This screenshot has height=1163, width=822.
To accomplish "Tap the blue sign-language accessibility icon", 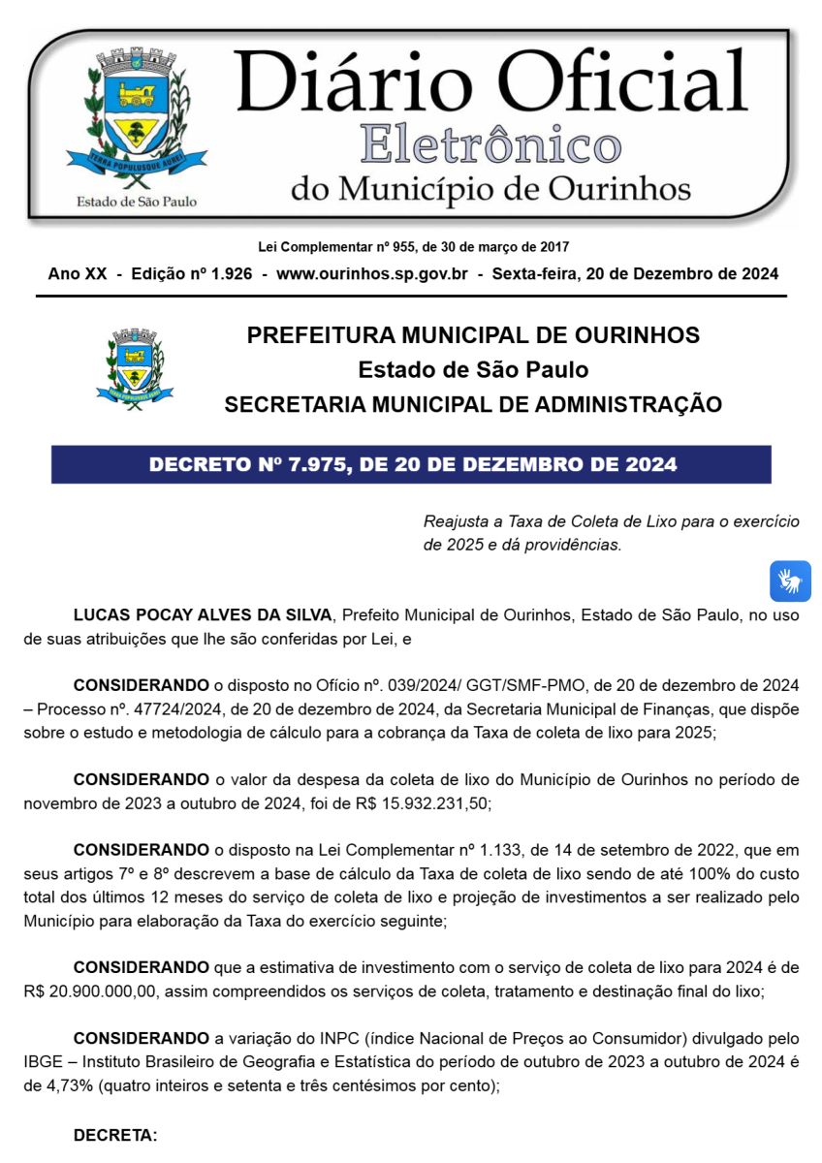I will click(x=790, y=581).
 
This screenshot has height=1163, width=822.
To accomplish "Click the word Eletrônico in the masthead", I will click(x=490, y=145).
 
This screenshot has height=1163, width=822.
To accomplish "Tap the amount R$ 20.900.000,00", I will click(x=81, y=990).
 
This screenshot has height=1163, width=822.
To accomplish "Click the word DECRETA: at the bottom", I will click(x=115, y=1134).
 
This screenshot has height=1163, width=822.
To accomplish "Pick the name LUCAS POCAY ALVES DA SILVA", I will click(x=202, y=614).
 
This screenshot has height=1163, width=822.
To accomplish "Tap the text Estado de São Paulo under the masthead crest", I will click(x=136, y=202).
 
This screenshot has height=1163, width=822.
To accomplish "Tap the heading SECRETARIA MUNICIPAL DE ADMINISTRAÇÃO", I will click(x=473, y=405).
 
